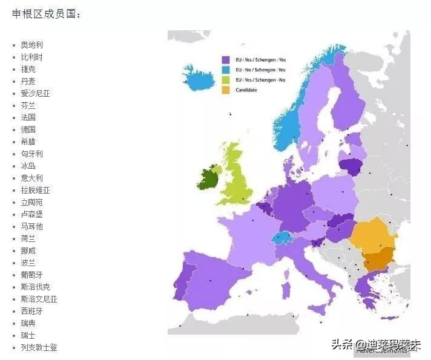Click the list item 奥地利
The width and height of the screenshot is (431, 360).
pos(31,45)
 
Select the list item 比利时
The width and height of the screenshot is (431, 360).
pos(31,57)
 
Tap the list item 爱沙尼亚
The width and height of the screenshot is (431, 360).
pos(35,93)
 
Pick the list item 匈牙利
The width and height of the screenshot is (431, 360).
pos(31,154)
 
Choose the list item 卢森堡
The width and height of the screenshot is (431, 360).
pos(31,214)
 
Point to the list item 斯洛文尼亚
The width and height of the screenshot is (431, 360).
pos(39,299)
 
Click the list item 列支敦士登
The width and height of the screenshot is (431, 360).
pos(39,347)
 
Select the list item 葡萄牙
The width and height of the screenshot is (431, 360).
pos(31,275)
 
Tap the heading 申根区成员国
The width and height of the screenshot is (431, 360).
pos(46,13)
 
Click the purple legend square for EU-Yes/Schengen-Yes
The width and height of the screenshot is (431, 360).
pos(225,60)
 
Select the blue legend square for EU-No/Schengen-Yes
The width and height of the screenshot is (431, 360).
pos(225,70)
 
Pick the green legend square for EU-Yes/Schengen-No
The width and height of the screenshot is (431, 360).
pos(225,80)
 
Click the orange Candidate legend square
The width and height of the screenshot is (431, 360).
pos(225,90)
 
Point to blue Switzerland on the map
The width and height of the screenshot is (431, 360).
pos(280,237)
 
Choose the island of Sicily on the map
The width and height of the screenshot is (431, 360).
pos(318,310)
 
